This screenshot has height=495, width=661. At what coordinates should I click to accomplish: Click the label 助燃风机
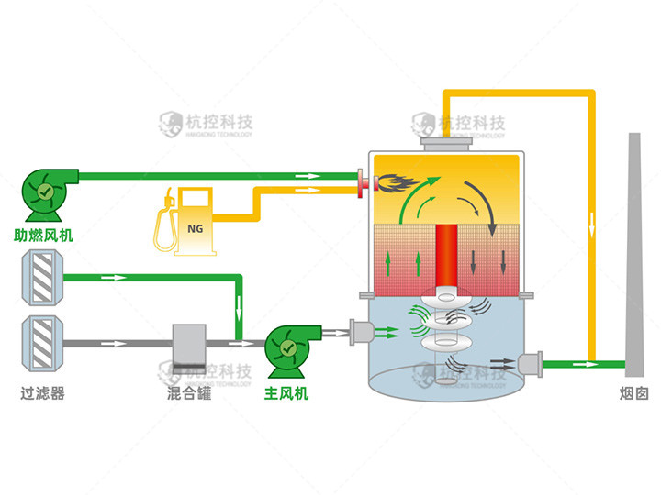pyautogui.click(x=44, y=236)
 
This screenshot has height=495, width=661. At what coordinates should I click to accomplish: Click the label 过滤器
pyautogui.click(x=43, y=395)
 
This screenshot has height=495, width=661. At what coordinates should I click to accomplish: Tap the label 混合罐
pyautogui.click(x=189, y=395)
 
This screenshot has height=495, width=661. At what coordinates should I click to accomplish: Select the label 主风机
pyautogui.click(x=286, y=395)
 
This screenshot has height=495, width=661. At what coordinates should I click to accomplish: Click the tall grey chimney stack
pyautogui.click(x=634, y=257)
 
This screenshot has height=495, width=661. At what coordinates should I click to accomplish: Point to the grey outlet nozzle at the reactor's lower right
pyautogui.click(x=530, y=364)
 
